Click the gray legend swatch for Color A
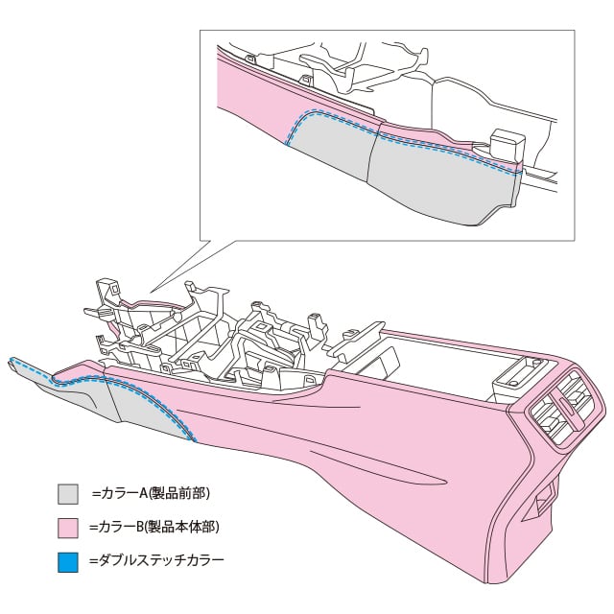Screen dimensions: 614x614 click(67, 495)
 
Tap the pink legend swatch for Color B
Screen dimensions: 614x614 click(67, 528)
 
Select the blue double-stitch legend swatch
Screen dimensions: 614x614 click(67, 559)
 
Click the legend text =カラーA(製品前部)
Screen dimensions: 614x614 click(152, 493)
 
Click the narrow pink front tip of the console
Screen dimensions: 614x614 click(34, 368)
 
